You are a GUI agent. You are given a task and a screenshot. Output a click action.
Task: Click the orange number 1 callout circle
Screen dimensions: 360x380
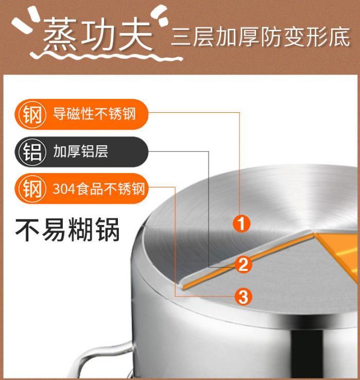click(x=241, y=223)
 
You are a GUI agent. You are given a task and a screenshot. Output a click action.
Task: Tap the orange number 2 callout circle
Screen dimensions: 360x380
click(x=243, y=264)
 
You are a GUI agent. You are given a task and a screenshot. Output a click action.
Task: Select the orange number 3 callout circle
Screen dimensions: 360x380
click(x=244, y=297)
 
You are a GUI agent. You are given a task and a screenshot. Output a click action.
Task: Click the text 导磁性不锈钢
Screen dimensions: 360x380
click(x=94, y=114)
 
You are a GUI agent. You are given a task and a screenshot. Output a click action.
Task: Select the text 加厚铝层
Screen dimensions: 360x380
click(x=80, y=151)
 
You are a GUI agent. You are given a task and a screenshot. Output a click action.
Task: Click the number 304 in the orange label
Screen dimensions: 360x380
click(x=64, y=189)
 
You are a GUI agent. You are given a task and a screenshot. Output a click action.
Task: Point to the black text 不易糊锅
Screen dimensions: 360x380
click(x=67, y=230)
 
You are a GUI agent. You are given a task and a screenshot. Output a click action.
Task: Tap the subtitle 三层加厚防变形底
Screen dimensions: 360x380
click(x=261, y=37)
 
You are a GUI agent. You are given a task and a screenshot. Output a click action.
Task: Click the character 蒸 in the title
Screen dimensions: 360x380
click(x=60, y=36)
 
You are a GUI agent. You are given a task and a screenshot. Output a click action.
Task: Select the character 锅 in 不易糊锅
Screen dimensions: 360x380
click(x=108, y=230)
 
